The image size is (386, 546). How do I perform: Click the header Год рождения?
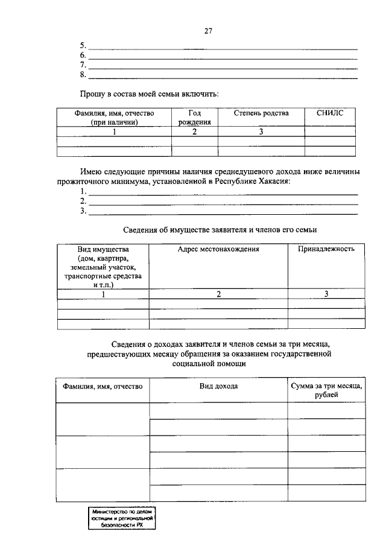[194, 118]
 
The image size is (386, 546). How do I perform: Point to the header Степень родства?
[261, 113]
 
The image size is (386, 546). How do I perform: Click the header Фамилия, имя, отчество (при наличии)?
[115, 118]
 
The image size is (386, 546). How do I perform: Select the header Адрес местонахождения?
[218, 249]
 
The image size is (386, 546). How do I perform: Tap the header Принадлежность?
[326, 249]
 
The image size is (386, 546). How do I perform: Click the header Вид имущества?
[103, 249]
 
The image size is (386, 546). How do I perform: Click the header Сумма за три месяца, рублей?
[326, 390]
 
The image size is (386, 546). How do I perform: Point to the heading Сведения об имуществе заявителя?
[220, 230]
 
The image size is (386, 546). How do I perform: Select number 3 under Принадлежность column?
[326, 294]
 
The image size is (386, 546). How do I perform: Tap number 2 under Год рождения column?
[194, 132]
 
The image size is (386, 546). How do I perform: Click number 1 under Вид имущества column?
[103, 294]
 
